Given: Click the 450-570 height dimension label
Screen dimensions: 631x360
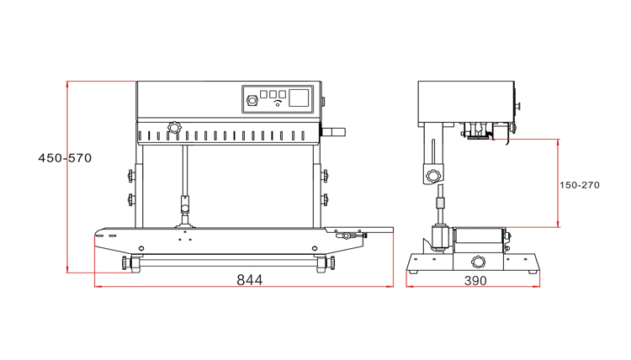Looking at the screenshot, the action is (65, 157).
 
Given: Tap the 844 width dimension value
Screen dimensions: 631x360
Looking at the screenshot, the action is (250, 279).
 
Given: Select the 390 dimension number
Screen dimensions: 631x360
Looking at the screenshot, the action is (475, 280).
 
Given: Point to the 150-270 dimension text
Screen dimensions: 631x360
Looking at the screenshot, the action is (580, 185).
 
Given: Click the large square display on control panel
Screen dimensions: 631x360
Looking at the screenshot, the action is (299, 98).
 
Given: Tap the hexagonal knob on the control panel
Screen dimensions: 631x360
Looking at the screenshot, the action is (252, 100).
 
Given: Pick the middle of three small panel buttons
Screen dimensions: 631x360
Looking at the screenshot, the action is (273, 94).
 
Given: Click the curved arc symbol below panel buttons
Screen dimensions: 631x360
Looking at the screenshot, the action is (278, 103).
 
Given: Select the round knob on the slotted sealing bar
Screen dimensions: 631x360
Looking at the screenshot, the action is (174, 128).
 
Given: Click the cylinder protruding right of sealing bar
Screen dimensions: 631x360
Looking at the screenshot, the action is (333, 131).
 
